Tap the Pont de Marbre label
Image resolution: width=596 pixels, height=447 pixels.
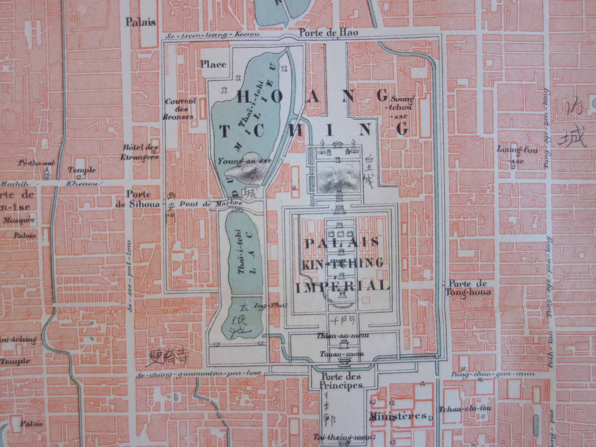pyautogui.click(x=205, y=204)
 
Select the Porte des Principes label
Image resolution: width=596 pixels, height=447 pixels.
pyautogui.click(x=341, y=381)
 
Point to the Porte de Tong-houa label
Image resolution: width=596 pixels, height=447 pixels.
pyautogui.click(x=468, y=288)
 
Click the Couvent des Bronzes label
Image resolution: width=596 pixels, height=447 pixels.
pyautogui.click(x=180, y=109)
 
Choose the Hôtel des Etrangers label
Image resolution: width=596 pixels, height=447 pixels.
pyautogui.click(x=140, y=152)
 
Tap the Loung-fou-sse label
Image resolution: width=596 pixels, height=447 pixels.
pyautogui.click(x=517, y=155)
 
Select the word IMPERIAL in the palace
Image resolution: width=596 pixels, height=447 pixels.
pyautogui.click(x=343, y=286)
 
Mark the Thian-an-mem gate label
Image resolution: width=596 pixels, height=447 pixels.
pyautogui.click(x=342, y=335)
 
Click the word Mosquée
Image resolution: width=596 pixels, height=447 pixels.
pyautogui.click(x=19, y=220)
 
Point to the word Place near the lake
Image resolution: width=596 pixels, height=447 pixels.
pyautogui.click(x=213, y=64)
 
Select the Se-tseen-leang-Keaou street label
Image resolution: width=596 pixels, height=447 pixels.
pyautogui.click(x=213, y=35)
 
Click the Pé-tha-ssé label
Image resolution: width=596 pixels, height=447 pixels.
pyautogui.click(x=36, y=162)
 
